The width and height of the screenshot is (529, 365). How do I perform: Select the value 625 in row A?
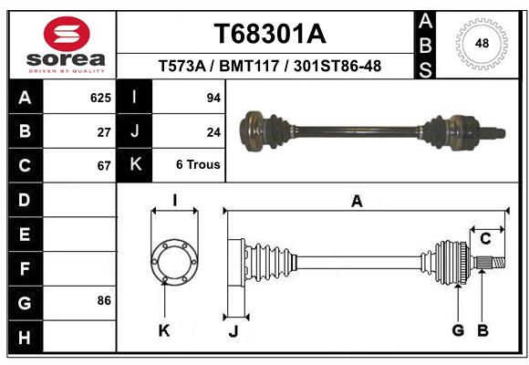click(x=100, y=97)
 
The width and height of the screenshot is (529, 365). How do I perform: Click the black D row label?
click(x=25, y=200)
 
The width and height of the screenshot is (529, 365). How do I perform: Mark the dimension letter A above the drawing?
click(x=357, y=202)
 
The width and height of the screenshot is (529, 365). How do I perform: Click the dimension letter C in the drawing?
click(x=485, y=239)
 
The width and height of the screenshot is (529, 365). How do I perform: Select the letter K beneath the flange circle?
click(x=164, y=330)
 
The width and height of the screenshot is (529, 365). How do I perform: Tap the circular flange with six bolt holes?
click(x=174, y=262)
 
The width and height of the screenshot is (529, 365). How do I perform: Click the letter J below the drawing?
click(x=233, y=331)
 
